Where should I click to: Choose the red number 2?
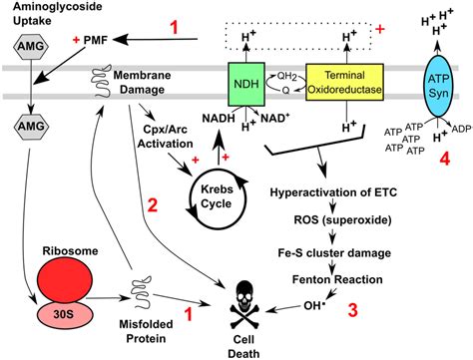click(152, 206)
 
